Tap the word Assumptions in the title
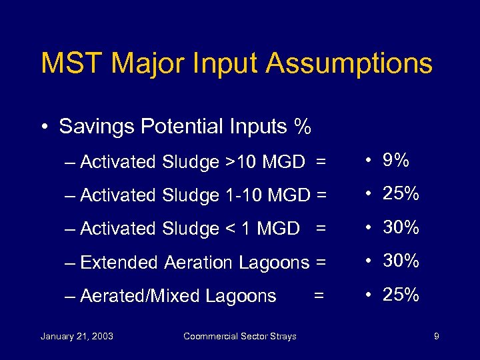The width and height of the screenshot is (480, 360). pyautogui.click(x=349, y=64)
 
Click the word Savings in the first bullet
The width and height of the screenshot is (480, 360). pyautogui.click(x=97, y=127)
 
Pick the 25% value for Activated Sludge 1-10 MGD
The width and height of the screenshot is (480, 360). pyautogui.click(x=401, y=194)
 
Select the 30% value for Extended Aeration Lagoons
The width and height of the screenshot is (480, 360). pyautogui.click(x=401, y=261)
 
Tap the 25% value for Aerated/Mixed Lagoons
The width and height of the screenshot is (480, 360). pyautogui.click(x=401, y=294)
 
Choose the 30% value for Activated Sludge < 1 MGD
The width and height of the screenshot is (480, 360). pyautogui.click(x=401, y=227)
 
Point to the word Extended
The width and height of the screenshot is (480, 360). pyautogui.click(x=120, y=262)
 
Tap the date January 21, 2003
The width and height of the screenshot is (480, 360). pyautogui.click(x=77, y=336)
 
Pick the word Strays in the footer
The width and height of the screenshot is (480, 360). pyautogui.click(x=283, y=336)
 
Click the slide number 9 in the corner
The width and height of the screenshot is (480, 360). pyautogui.click(x=436, y=336)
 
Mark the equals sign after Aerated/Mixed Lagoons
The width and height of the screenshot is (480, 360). pyautogui.click(x=319, y=294)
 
